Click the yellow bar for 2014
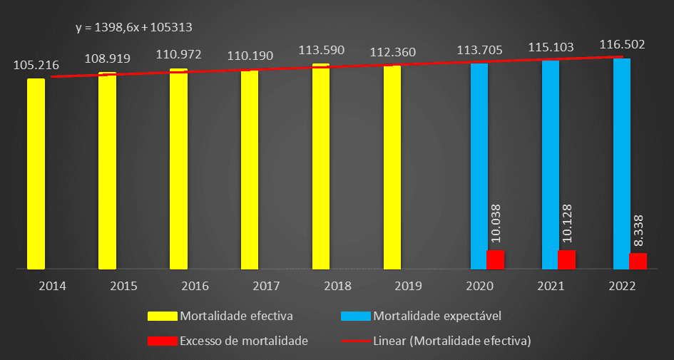point(36,174)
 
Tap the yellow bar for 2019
point(392,168)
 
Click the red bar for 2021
point(566,259)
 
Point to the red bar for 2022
point(638,261)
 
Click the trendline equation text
point(134,28)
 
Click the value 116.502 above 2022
point(622,45)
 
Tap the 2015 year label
point(123,286)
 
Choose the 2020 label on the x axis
point(479,286)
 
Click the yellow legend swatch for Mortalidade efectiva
point(163,316)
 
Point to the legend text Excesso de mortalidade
point(244,340)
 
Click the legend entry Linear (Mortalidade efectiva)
point(452,340)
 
